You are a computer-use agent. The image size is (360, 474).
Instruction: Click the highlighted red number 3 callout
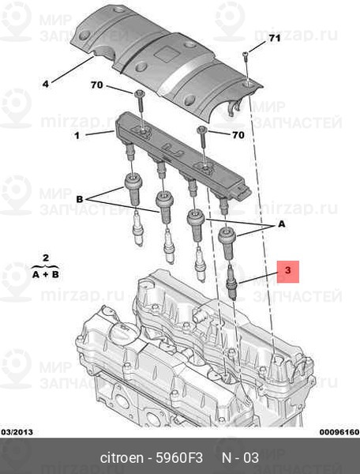click(288, 272)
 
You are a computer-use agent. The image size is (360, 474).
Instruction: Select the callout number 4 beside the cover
click(45, 83)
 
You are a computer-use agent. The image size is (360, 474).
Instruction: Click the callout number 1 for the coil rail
click(77, 135)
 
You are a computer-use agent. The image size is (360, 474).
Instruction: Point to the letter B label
click(78, 200)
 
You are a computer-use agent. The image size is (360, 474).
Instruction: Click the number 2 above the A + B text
click(46, 258)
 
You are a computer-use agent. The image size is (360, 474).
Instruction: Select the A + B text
click(46, 273)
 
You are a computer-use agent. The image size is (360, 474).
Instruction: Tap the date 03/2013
click(18, 432)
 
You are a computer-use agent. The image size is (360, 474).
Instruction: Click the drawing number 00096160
click(338, 432)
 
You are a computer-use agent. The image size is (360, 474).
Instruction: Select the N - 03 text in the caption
click(240, 458)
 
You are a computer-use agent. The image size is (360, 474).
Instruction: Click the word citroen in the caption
click(122, 458)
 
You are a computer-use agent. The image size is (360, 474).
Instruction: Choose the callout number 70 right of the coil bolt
click(237, 135)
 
